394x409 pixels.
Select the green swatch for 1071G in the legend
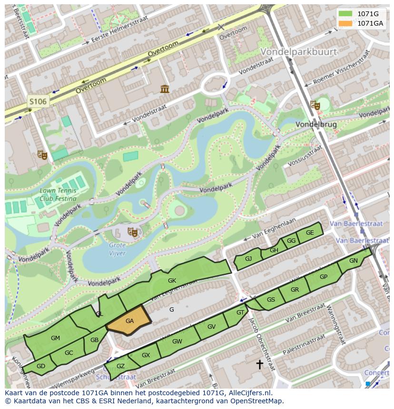[x=345, y=14]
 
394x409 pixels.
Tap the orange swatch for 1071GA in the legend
[x=345, y=23]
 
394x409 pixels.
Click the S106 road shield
[x=38, y=101]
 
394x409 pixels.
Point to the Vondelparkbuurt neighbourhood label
[x=298, y=51]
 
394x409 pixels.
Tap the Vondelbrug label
[x=316, y=124]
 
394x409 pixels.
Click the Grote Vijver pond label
[x=117, y=249]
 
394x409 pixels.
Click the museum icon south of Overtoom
[x=165, y=89]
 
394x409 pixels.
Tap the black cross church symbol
[x=260, y=364]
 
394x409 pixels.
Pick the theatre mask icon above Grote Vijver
[x=133, y=232]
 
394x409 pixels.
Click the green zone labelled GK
[x=172, y=281]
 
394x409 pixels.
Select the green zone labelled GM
[x=55, y=338]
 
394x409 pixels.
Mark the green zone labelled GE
[x=310, y=232]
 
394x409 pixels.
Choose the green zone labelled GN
[x=353, y=261]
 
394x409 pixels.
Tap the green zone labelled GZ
[x=120, y=366]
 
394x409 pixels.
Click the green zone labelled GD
[x=41, y=366]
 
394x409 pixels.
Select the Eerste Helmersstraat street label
[x=119, y=29]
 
